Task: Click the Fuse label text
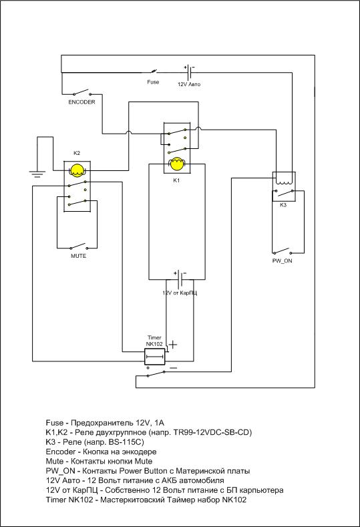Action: point(153,82)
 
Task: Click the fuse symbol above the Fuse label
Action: point(154,71)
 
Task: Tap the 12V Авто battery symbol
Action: point(189,71)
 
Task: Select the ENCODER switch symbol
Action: point(81,92)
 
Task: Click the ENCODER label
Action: point(81,102)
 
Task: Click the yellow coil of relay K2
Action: point(77,170)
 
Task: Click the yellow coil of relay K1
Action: point(177,164)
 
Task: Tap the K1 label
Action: point(176,180)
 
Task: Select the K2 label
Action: point(77,153)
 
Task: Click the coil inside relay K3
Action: point(284,182)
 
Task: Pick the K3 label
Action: point(283,205)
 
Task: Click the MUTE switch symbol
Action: point(78,246)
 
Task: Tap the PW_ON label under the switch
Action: point(282,260)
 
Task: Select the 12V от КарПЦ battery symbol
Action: point(180,279)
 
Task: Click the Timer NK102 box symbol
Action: point(155,357)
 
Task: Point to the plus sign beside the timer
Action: point(173,345)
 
